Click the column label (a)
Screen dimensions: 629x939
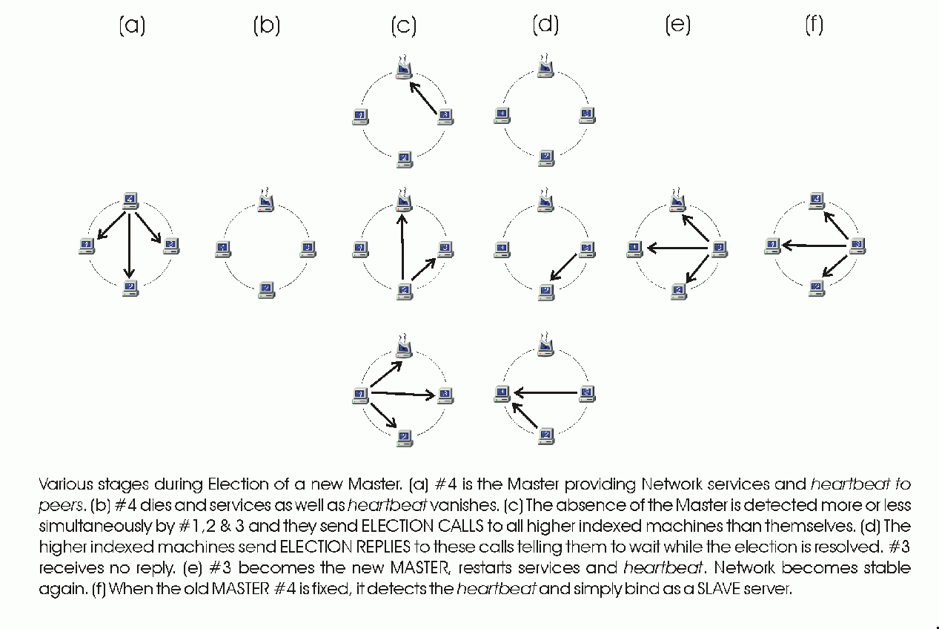132,26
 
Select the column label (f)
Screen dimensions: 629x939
814,26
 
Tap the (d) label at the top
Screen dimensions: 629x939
545,26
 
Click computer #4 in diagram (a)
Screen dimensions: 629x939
130,200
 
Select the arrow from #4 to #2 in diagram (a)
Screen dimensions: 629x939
130,245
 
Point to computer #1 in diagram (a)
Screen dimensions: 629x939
87,246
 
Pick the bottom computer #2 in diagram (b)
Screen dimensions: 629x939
267,289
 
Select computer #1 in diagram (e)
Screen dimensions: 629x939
634,248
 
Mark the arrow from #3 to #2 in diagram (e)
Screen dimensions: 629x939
698,268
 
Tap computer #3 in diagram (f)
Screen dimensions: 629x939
857,245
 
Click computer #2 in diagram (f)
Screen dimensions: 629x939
816,287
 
